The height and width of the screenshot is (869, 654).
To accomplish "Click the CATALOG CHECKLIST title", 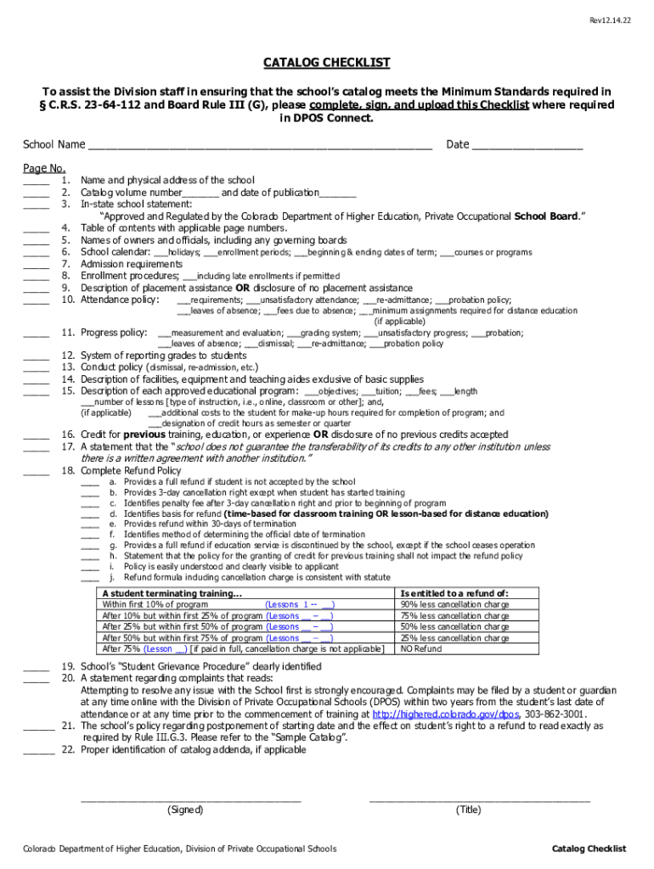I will [327, 63].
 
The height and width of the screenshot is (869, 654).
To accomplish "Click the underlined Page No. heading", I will [44, 168].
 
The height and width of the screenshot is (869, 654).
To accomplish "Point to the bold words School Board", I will [546, 216].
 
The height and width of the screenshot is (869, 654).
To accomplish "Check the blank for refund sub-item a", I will [90, 482].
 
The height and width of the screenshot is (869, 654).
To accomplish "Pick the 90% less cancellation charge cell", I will [454, 605].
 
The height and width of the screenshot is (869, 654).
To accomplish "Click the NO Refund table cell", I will [421, 648].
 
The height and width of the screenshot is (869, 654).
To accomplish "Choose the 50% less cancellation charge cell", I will [454, 626].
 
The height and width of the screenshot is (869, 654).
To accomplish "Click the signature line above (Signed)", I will [190, 799].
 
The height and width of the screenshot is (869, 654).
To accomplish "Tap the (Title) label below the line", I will [469, 810].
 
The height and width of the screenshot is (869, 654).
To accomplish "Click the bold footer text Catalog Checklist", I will [589, 849].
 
